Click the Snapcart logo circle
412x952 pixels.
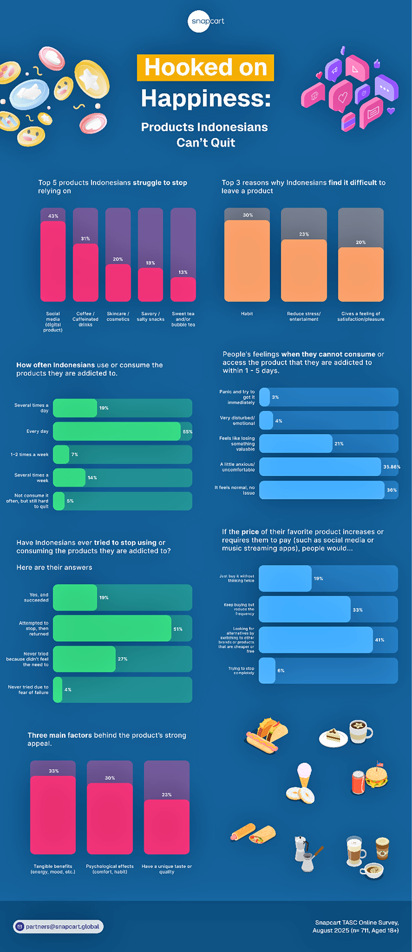coord(206,21)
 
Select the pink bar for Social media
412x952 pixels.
coord(53,261)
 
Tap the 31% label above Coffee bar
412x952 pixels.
coord(85,239)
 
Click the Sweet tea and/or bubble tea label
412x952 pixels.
coord(183,319)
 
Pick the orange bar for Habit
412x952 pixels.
coord(247,261)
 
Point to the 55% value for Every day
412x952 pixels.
coord(187,432)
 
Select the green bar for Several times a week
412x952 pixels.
coord(70,478)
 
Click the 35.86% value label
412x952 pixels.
coord(392,467)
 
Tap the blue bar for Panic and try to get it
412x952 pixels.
coord(265,397)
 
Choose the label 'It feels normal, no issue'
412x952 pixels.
coord(235,490)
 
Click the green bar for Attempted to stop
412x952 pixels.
coord(112,628)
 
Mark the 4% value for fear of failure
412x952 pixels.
coord(68,690)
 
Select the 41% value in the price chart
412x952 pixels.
coord(380,640)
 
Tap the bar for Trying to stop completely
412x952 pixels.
coord(267,671)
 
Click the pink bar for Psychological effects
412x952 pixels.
coord(110,819)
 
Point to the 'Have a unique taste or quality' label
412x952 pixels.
coord(166,869)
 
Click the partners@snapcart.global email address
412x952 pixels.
coord(62,926)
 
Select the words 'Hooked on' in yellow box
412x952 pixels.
coord(205,68)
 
